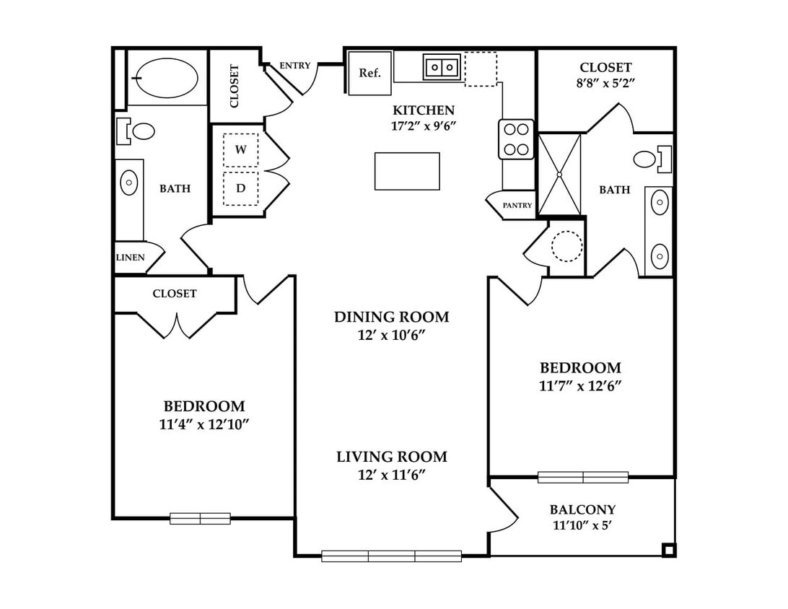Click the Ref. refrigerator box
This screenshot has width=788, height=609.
click(370, 73)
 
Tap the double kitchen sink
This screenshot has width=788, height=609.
click(442, 66)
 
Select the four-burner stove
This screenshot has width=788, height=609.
click(516, 139)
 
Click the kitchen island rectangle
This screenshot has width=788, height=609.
click(407, 171)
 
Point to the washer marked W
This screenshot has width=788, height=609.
click(241, 150)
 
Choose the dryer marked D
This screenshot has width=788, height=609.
click(241, 188)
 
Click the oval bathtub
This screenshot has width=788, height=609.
click(167, 77)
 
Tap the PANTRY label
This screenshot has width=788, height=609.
click(517, 205)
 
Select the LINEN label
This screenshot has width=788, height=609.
click(131, 258)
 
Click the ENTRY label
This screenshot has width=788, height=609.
click(295, 66)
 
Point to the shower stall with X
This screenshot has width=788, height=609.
click(559, 175)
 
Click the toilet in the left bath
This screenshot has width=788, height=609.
click(136, 131)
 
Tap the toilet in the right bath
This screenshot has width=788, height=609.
click(652, 159)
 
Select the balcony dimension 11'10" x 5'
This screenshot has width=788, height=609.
click(582, 525)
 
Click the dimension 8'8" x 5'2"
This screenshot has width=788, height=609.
click(605, 83)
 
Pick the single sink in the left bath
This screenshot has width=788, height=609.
click(129, 183)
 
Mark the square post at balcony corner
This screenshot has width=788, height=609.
click(668, 551)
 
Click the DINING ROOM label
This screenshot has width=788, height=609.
click(392, 317)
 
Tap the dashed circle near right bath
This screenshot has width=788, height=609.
click(567, 246)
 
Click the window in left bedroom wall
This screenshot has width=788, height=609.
click(200, 519)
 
